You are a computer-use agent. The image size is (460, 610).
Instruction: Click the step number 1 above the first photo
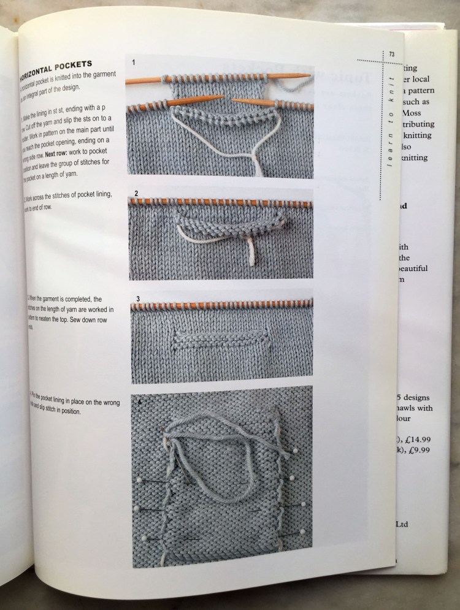pos(134,62)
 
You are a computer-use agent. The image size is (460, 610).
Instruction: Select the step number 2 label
pos(136,194)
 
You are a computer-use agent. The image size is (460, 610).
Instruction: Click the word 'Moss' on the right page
pos(413,113)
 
